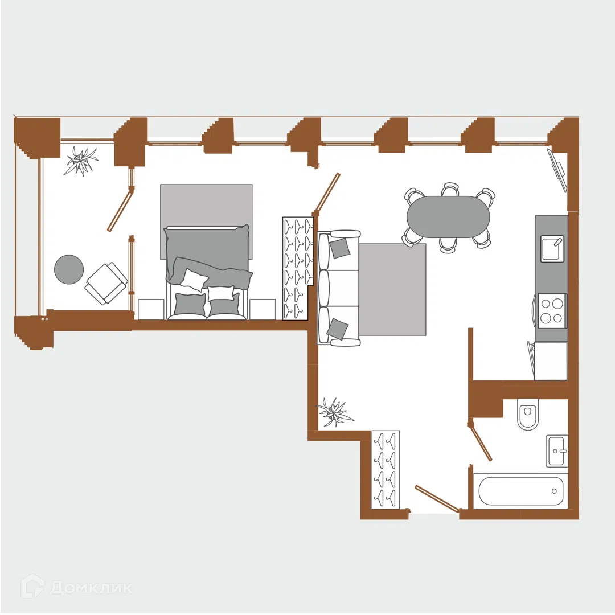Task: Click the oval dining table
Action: pyautogui.click(x=448, y=217)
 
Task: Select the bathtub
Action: pyautogui.click(x=520, y=491)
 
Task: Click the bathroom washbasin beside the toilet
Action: pyautogui.click(x=557, y=450)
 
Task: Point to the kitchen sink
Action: pyautogui.click(x=552, y=249)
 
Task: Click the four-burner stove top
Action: pyautogui.click(x=552, y=311)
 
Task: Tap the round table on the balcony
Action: pyautogui.click(x=69, y=269)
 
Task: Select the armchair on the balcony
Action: pyautogui.click(x=106, y=283)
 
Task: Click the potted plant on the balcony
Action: pyautogui.click(x=81, y=161)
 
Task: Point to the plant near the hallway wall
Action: pyautogui.click(x=335, y=412)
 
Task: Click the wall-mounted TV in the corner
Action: pyautogui.click(x=558, y=170)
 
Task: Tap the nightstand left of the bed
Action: pyautogui.click(x=151, y=309)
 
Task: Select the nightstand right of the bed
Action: pyautogui.click(x=263, y=309)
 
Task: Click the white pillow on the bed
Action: pyautogui.click(x=194, y=279)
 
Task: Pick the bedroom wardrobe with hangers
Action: pyautogui.click(x=298, y=268)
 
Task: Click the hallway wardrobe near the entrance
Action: pyautogui.click(x=385, y=469)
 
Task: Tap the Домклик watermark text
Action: pyautogui.click(x=91, y=588)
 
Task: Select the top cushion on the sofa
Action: pyautogui.click(x=339, y=248)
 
